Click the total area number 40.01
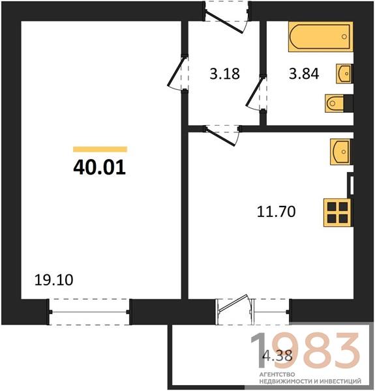click(x=99, y=167)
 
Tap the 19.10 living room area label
click(x=54, y=280)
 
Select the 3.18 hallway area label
click(x=224, y=74)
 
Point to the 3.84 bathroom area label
click(x=304, y=74)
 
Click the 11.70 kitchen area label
click(x=277, y=211)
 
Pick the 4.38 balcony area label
click(x=278, y=355)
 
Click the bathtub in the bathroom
click(x=321, y=36)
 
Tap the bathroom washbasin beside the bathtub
click(x=344, y=74)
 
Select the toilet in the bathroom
click(x=339, y=103)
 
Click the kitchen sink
click(x=341, y=152)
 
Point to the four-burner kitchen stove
click(x=338, y=212)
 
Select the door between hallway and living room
click(x=177, y=73)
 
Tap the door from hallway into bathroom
click(x=256, y=93)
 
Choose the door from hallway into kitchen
click(x=222, y=136)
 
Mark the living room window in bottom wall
click(x=89, y=311)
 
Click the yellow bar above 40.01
click(x=100, y=149)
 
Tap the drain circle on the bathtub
click(x=344, y=36)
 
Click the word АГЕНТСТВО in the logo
click(x=277, y=375)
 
